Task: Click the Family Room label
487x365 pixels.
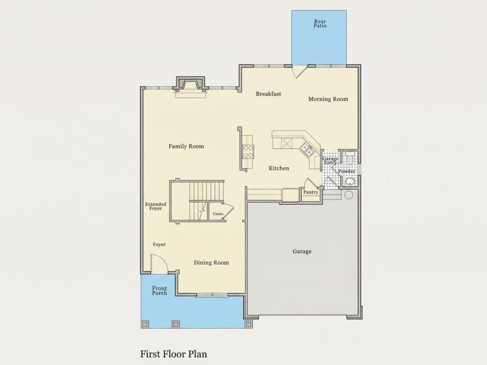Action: [186, 146]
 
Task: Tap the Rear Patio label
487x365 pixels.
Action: [320, 23]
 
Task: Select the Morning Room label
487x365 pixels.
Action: [328, 99]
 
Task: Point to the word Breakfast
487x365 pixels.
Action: [268, 94]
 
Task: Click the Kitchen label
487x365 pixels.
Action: [279, 168]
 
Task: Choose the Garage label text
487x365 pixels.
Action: [302, 251]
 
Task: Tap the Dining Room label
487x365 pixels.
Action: [211, 262]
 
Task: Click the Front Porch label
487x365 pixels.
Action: [159, 291]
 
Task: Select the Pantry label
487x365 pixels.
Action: [311, 192]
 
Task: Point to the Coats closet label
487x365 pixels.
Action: [218, 214]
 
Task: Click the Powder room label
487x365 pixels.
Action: [347, 171]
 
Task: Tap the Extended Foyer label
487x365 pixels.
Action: [155, 207]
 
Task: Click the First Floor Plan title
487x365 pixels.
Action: [174, 354]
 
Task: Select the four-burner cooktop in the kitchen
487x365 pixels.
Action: [248, 152]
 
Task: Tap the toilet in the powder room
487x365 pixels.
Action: [350, 158]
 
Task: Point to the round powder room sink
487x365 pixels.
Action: [350, 182]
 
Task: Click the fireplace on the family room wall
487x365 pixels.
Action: [190, 85]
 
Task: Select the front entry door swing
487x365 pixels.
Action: [159, 264]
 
